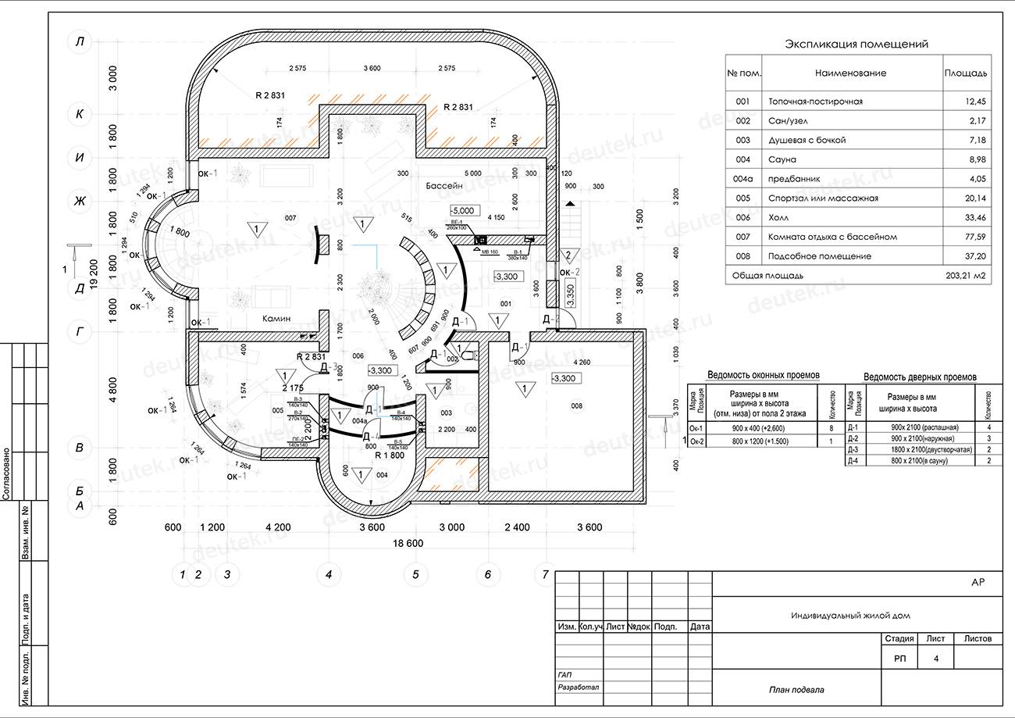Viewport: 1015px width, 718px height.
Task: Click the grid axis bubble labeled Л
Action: [x=79, y=42]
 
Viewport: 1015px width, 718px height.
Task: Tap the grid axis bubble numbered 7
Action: [x=545, y=575]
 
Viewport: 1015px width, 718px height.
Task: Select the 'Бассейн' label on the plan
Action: [x=445, y=187]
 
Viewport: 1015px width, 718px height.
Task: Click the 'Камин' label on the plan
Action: [x=276, y=319]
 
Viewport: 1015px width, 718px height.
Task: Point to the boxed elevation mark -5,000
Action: [x=463, y=210]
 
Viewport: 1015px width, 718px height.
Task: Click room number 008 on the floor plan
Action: [x=577, y=405]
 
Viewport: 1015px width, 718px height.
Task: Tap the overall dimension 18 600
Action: [x=408, y=543]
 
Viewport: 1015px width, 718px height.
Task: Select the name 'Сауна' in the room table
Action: [x=782, y=159]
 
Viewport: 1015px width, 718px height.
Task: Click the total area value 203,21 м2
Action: [x=965, y=276]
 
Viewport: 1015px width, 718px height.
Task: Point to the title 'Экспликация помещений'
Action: [x=857, y=45]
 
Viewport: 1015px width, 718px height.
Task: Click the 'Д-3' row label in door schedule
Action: [x=853, y=450]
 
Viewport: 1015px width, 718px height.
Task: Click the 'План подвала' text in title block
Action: [x=796, y=690]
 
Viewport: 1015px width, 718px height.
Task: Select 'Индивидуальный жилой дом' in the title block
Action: [x=850, y=616]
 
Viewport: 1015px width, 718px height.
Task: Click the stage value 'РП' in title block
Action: [x=899, y=659]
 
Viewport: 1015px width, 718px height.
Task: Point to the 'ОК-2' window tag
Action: [x=569, y=272]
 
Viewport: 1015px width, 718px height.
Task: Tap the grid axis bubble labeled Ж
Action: [x=79, y=201]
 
